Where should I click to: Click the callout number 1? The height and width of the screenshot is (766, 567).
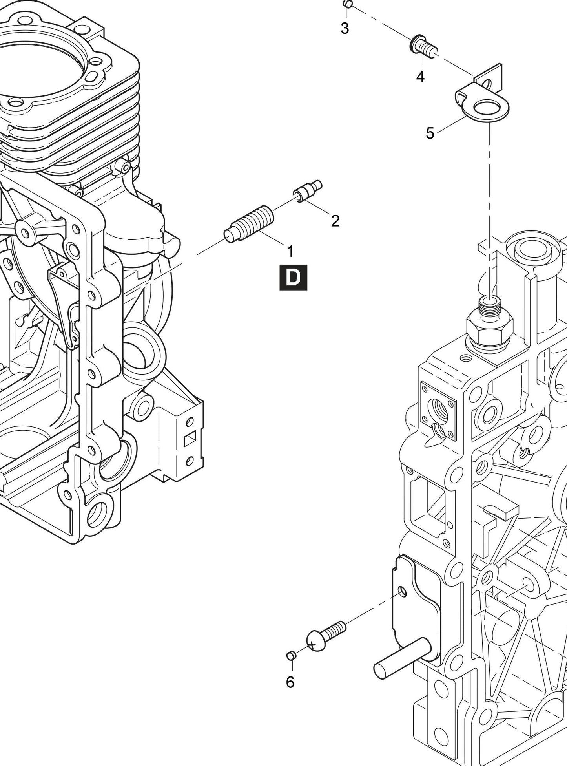(x=290, y=251)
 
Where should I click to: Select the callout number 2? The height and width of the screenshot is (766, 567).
(x=335, y=221)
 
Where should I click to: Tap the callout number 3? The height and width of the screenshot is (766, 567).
(x=345, y=29)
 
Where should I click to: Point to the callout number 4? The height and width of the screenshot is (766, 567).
(x=420, y=77)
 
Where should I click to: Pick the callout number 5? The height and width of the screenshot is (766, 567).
(x=430, y=133)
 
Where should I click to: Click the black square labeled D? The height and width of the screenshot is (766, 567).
(x=293, y=278)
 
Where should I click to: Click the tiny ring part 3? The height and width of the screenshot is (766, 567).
(x=347, y=4)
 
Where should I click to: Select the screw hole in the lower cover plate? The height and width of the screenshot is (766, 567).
(x=401, y=591)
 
